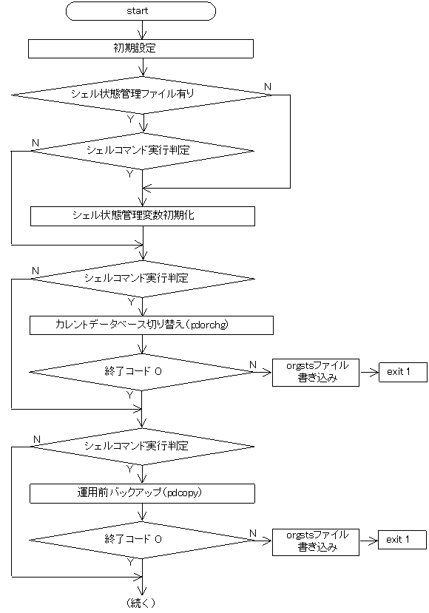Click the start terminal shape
(x=141, y=11)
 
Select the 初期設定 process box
(x=141, y=49)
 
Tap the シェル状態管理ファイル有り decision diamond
(x=141, y=94)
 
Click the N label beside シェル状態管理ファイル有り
(x=267, y=87)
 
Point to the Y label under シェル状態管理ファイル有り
(x=131, y=118)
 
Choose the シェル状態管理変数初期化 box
(x=142, y=215)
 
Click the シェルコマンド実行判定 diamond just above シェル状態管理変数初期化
(x=141, y=151)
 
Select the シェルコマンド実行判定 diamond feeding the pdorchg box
(x=141, y=279)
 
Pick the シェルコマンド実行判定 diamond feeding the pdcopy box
(x=141, y=447)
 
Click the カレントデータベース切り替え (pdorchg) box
(x=152, y=325)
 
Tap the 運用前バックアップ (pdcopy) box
(x=142, y=492)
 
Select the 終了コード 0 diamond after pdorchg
(x=141, y=372)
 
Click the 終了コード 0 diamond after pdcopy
(x=141, y=540)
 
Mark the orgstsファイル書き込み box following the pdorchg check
(x=317, y=373)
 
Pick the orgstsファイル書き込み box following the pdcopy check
(x=317, y=541)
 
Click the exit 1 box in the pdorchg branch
(x=403, y=372)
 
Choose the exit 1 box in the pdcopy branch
(x=402, y=541)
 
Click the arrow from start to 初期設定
(x=141, y=30)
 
